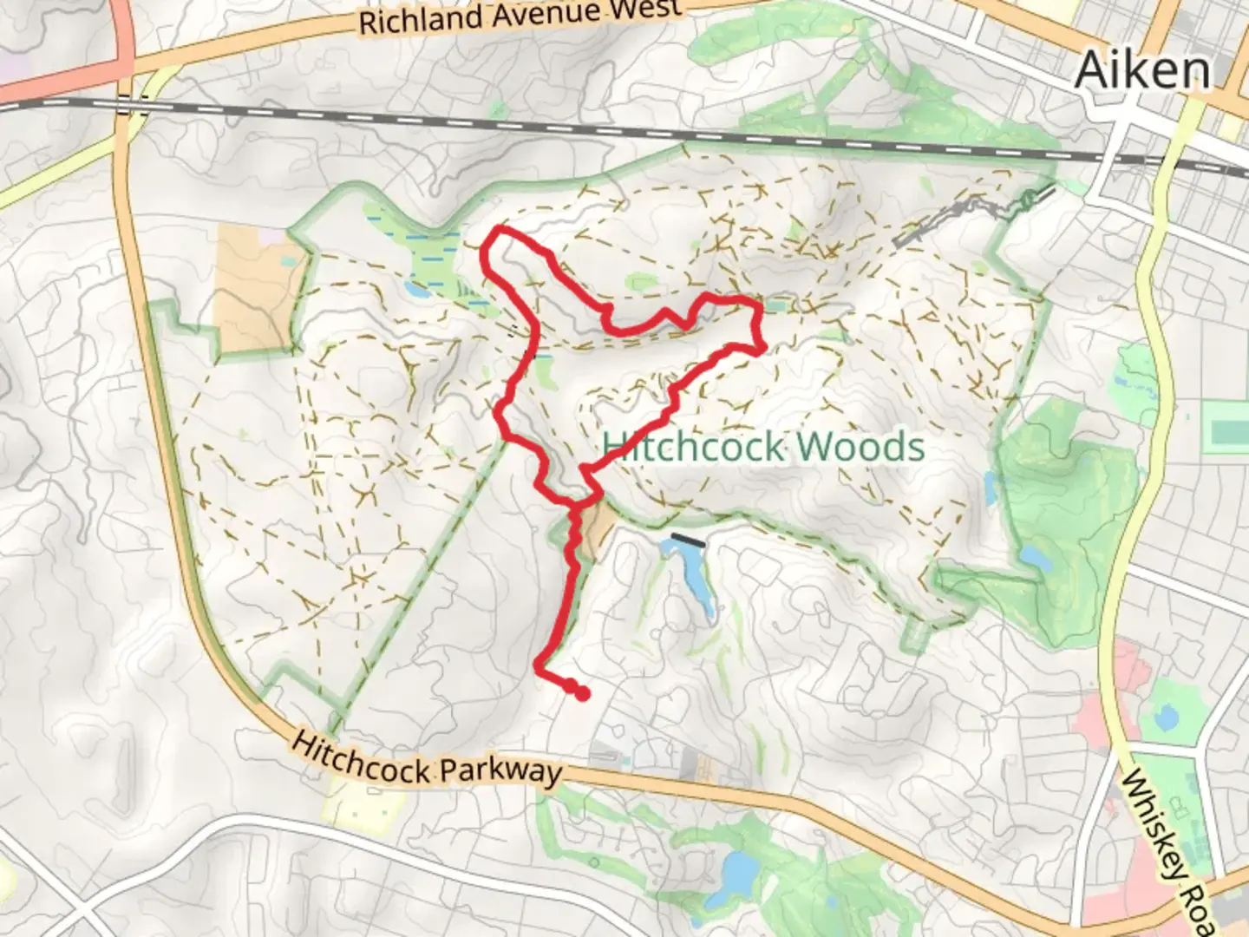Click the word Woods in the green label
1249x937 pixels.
(860, 446)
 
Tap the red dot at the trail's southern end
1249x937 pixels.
(583, 693)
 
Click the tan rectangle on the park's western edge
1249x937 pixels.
(257, 288)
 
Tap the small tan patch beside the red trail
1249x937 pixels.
(596, 530)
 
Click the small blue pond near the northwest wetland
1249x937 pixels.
(414, 287)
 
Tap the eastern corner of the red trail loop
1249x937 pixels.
(760, 347)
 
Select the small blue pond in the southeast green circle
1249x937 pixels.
(1167, 717)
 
